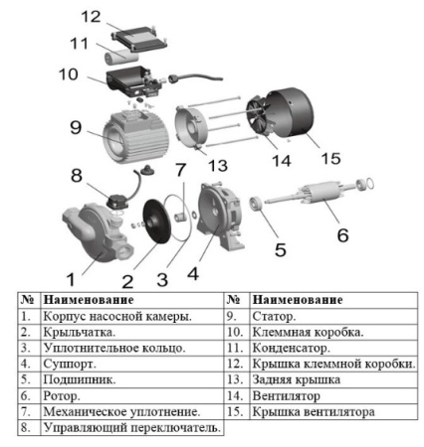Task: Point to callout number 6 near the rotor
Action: (x=341, y=235)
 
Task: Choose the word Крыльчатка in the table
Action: (x=79, y=333)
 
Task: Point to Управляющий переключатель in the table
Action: (x=130, y=428)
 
